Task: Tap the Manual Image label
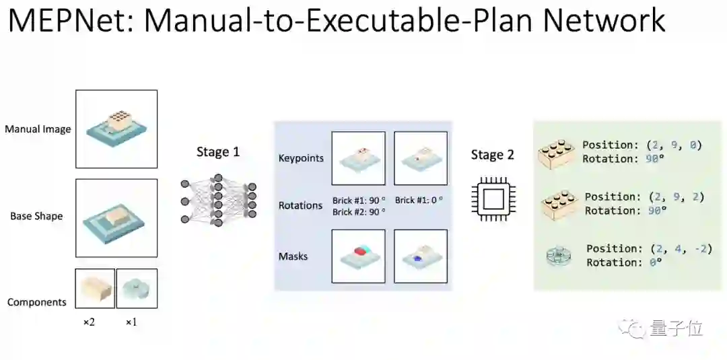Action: point(38,129)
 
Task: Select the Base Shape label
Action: point(36,216)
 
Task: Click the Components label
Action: point(37,302)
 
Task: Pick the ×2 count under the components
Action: point(89,322)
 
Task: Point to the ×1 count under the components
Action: point(131,322)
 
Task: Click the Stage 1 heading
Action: point(217,152)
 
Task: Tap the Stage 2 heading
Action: point(492,155)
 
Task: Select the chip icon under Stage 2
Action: point(493,199)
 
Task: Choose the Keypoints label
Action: point(301,158)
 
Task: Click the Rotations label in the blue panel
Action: point(300,205)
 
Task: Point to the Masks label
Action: point(293,256)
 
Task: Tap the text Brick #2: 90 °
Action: point(359,211)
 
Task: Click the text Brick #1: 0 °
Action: point(419,200)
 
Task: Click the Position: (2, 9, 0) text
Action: point(642,145)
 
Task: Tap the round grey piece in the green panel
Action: point(558,256)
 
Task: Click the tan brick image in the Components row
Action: point(95,289)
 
